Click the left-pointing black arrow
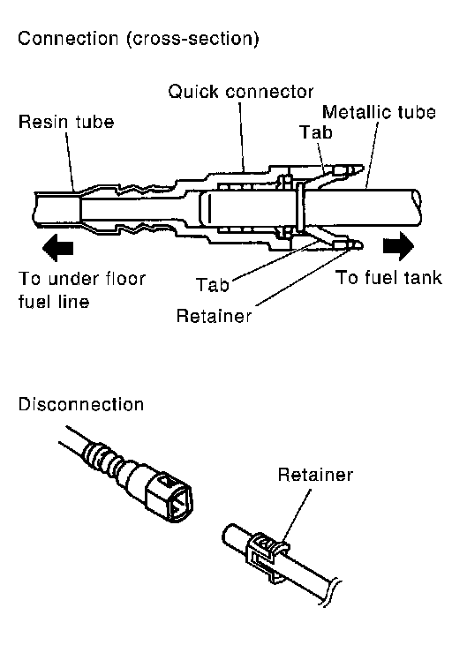pyautogui.click(x=57, y=248)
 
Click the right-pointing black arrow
pyautogui.click(x=398, y=246)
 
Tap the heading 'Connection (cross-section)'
pyautogui.click(x=139, y=39)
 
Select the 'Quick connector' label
pyautogui.click(x=240, y=92)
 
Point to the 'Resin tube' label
pyautogui.click(x=66, y=122)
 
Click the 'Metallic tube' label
pyautogui.click(x=379, y=112)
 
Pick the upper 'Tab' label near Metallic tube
pyautogui.click(x=316, y=132)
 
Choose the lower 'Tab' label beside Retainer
pyautogui.click(x=213, y=285)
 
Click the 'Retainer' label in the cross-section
pyautogui.click(x=214, y=316)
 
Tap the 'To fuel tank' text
pyautogui.click(x=388, y=278)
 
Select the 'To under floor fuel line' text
pyautogui.click(x=82, y=290)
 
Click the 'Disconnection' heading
pyautogui.click(x=81, y=404)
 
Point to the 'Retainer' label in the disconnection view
pyautogui.click(x=315, y=475)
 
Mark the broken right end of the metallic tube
pyautogui.click(x=417, y=206)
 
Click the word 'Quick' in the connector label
pyautogui.click(x=193, y=92)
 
